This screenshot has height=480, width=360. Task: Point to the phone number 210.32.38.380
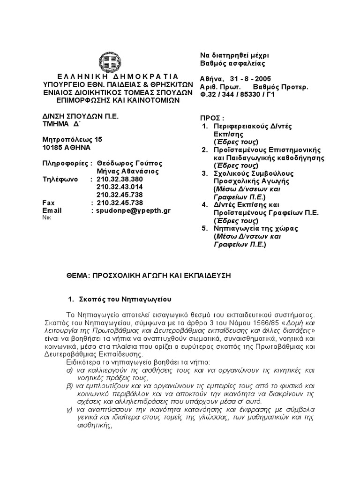[120, 179]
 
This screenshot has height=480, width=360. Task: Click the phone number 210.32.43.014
[120, 187]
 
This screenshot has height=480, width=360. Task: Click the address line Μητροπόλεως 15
[72, 139]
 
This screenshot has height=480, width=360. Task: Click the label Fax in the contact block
[49, 203]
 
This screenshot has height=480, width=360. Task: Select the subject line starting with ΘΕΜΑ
[149, 276]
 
